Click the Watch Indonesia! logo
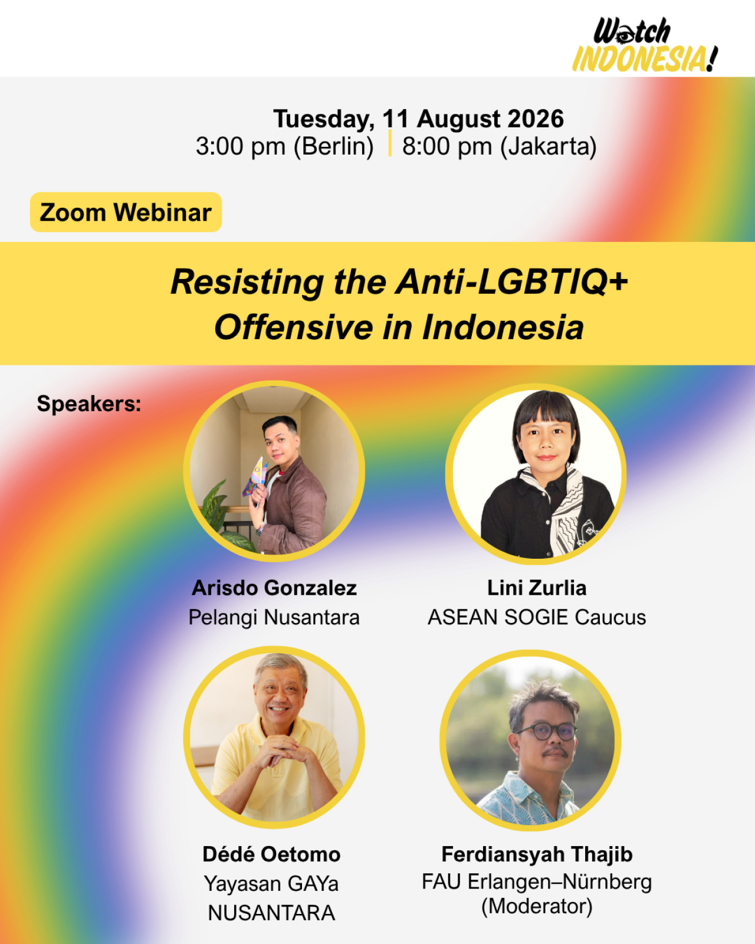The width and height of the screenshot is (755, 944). [645, 45]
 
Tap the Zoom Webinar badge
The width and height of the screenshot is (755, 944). [126, 212]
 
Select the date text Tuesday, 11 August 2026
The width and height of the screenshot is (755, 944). [419, 119]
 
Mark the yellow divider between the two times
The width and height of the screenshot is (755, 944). [389, 143]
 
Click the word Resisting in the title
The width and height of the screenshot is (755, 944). [247, 282]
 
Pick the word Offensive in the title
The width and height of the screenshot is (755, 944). [293, 327]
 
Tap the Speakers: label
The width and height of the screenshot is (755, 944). [89, 404]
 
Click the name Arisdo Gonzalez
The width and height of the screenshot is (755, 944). [274, 588]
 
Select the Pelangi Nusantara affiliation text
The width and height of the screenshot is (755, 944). [274, 617]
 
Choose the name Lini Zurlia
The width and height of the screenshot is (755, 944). [537, 588]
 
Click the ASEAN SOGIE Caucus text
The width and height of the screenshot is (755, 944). [537, 617]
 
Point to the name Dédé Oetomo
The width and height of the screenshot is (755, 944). [271, 854]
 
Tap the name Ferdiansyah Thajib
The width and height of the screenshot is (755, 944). [537, 854]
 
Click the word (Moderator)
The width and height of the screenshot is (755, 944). [537, 906]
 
